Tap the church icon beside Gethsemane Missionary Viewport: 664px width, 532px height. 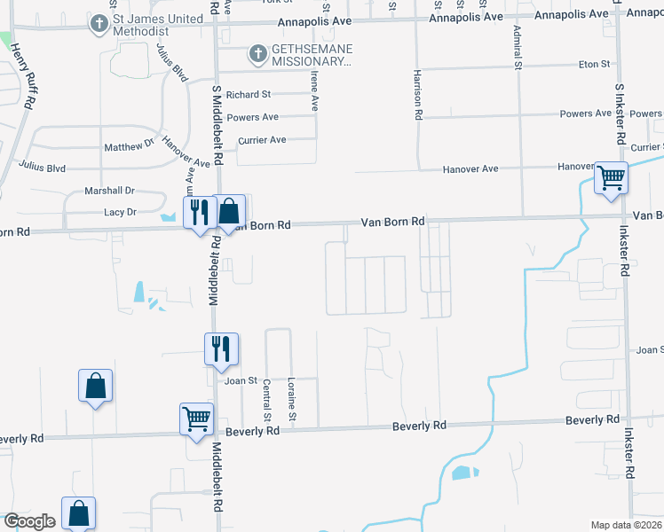point(257,55)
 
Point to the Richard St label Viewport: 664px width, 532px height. point(248,95)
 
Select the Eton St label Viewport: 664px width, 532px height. point(594,64)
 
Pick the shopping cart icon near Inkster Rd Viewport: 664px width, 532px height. point(611,178)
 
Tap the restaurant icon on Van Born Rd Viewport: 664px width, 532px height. point(199,212)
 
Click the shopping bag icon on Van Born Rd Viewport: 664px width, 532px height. point(229,212)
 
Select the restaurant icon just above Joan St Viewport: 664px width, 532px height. point(220,348)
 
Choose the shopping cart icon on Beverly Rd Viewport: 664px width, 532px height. point(196,417)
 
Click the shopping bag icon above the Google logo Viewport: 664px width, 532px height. point(79,512)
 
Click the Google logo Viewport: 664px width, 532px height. point(28,521)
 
